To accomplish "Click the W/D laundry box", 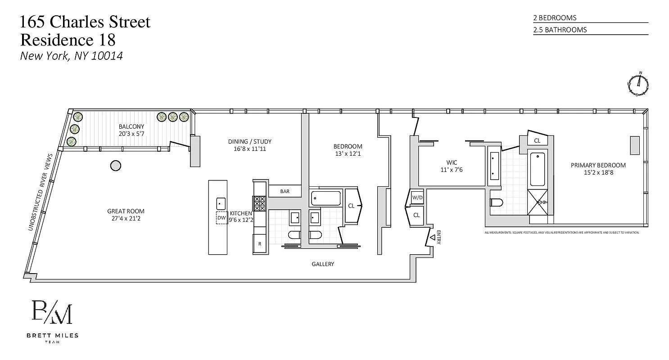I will [417, 197].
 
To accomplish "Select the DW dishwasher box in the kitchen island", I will [221, 218].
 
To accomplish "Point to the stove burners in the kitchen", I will [260, 203].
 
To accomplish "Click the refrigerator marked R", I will [260, 244].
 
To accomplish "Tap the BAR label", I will [285, 191].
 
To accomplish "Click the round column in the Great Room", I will [116, 166].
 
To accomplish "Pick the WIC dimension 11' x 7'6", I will [452, 170].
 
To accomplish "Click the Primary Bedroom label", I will [598, 165].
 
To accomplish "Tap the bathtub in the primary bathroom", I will [538, 169].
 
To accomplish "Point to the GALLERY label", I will [323, 264].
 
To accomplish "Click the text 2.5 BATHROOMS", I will [560, 30].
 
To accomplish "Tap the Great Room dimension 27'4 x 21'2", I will [126, 219].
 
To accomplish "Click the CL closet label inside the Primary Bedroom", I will [537, 141].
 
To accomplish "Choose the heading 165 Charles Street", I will [85, 22].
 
